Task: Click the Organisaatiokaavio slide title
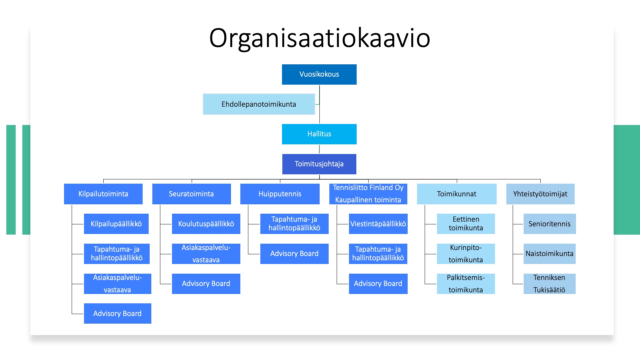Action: click(x=319, y=38)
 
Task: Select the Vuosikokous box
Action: click(x=319, y=74)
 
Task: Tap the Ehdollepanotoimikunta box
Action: click(x=259, y=104)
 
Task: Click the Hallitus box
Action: click(x=319, y=134)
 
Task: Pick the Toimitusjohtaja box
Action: click(x=319, y=164)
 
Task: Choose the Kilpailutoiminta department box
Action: click(x=103, y=194)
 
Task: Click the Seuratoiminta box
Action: click(x=191, y=194)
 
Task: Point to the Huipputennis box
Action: click(x=280, y=194)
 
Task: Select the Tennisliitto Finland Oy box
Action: click(x=368, y=194)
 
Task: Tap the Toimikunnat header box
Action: click(x=456, y=194)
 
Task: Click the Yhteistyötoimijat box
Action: click(x=540, y=194)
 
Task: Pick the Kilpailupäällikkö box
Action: click(x=116, y=224)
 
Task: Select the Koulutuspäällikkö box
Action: click(x=206, y=224)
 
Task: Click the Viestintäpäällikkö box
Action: click(x=378, y=224)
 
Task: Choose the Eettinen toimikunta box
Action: click(x=466, y=224)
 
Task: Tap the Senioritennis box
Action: click(x=549, y=224)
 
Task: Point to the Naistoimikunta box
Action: click(x=549, y=254)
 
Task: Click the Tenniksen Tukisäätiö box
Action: click(x=549, y=284)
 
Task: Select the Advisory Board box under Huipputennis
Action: click(x=294, y=254)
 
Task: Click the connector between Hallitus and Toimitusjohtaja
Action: click(x=319, y=149)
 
